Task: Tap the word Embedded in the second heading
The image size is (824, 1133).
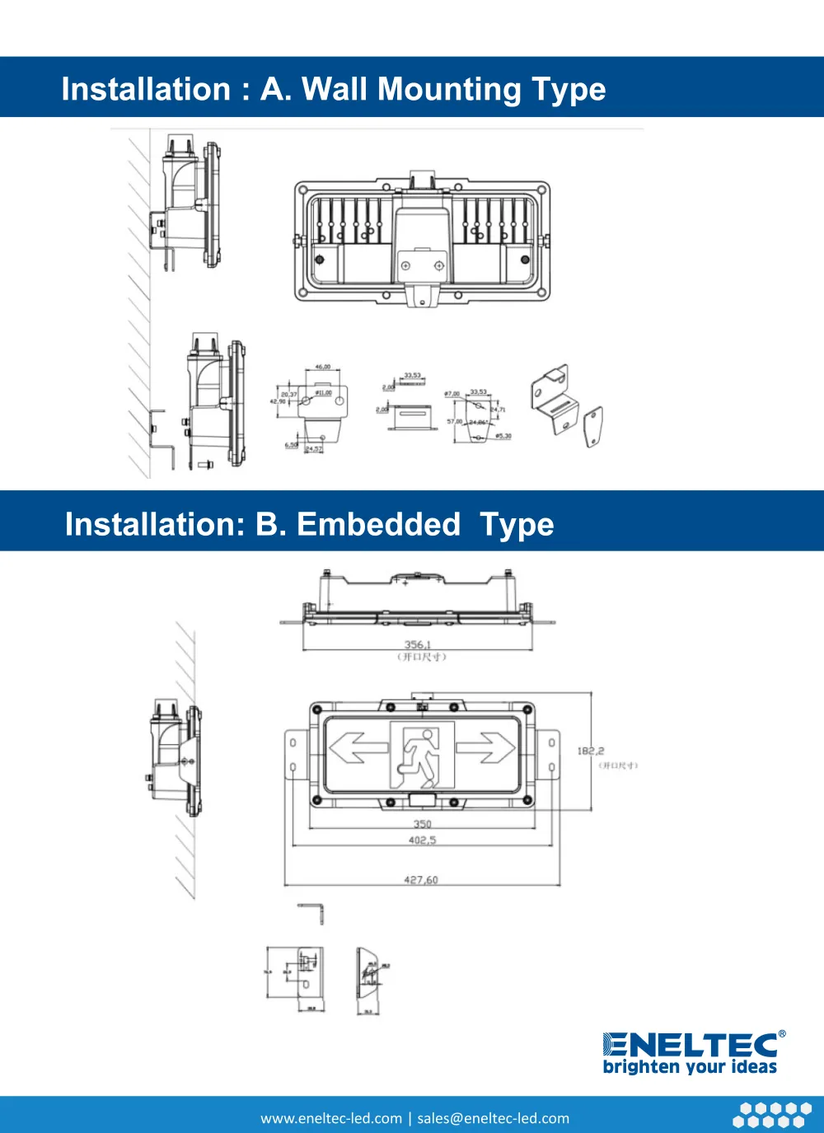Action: click(x=378, y=524)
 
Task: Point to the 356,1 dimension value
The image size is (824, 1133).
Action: click(x=417, y=644)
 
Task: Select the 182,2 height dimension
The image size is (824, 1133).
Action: click(x=590, y=751)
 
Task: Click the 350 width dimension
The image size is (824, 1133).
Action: click(x=422, y=823)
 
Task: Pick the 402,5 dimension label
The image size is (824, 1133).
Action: click(x=422, y=840)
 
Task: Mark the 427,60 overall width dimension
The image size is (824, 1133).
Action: click(x=421, y=879)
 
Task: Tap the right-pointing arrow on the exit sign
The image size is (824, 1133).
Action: click(x=486, y=748)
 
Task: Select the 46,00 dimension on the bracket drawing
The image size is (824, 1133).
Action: click(x=322, y=367)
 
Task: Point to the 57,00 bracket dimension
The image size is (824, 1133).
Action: click(x=454, y=421)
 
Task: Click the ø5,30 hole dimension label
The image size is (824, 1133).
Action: click(x=503, y=436)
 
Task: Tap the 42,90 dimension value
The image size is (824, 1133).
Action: click(x=278, y=401)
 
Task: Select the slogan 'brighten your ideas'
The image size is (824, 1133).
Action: click(x=690, y=1067)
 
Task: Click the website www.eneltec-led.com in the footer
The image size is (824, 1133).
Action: click(x=331, y=1118)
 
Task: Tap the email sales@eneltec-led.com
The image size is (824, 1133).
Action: click(x=493, y=1118)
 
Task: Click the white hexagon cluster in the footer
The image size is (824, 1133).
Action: click(x=772, y=1115)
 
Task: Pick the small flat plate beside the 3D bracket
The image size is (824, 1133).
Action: click(x=593, y=426)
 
